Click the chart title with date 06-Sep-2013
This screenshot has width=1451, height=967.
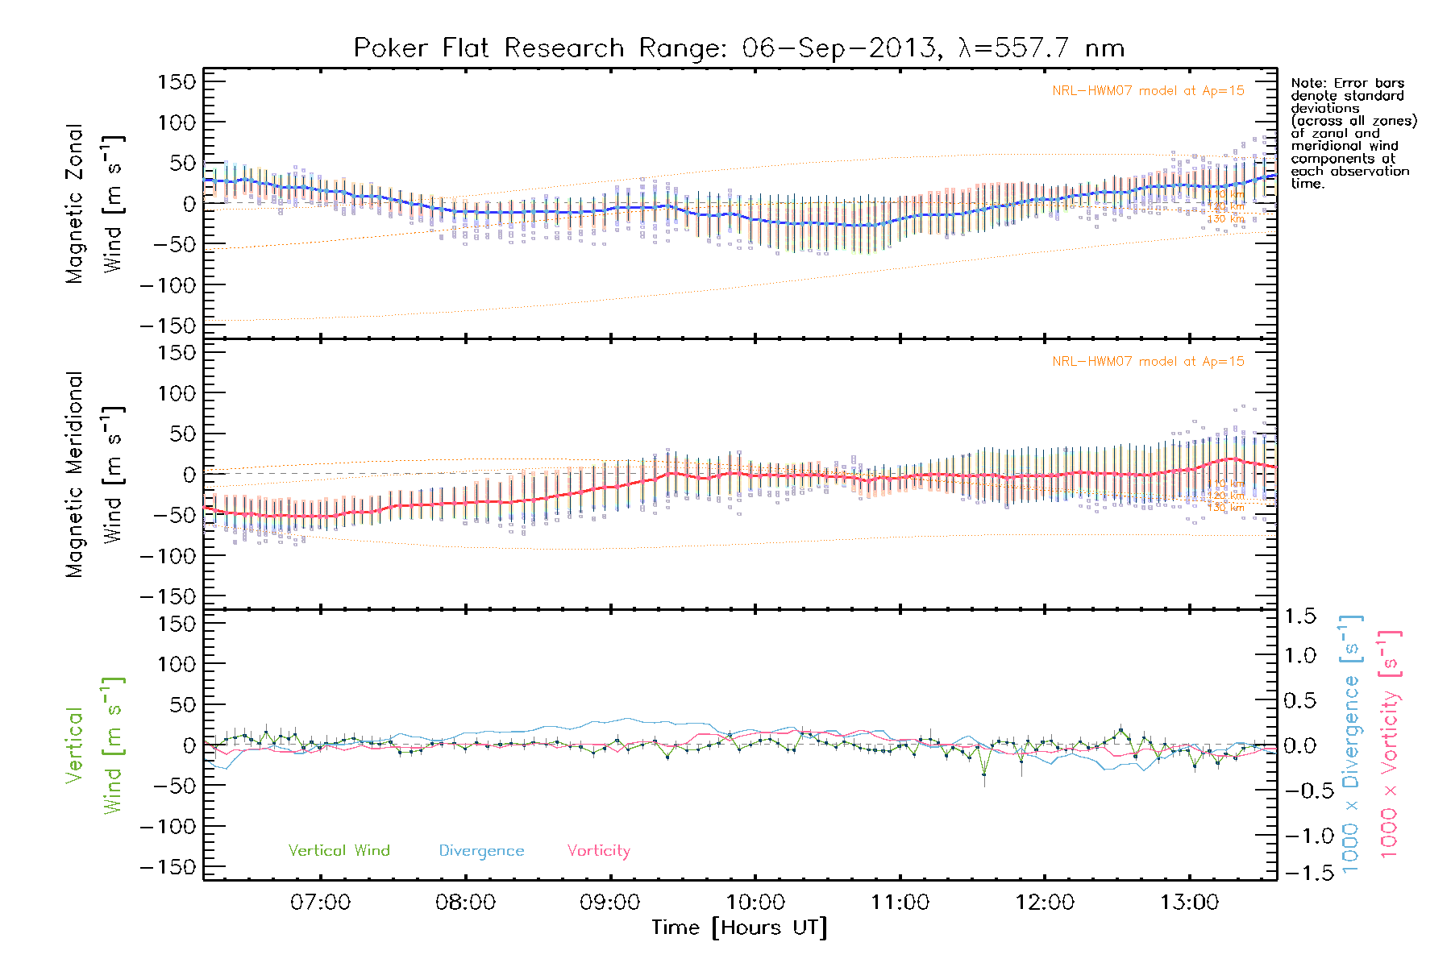click(x=738, y=48)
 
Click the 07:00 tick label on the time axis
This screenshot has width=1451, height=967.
click(x=320, y=902)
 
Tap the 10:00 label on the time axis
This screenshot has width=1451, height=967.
click(x=755, y=902)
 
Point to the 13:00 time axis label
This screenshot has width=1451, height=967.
click(x=1190, y=902)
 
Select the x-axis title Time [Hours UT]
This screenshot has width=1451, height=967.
click(x=739, y=928)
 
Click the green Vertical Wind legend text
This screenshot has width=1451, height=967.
click(x=339, y=850)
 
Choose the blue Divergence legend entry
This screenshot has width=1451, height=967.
click(x=481, y=850)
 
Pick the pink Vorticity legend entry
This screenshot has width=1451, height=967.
click(x=598, y=850)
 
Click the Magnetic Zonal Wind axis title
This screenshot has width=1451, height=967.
click(x=94, y=203)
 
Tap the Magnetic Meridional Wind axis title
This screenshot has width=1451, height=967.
click(x=94, y=474)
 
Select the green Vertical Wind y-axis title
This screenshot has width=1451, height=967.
click(x=94, y=745)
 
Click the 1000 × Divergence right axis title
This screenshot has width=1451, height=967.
click(x=1350, y=745)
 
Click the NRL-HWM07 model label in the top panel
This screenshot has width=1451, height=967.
click(x=1148, y=91)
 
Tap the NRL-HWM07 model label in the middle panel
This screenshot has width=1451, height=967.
click(x=1148, y=362)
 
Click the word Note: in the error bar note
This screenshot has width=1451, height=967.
click(x=1308, y=83)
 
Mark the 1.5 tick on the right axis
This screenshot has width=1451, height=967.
click(x=1300, y=616)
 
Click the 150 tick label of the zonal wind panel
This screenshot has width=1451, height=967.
click(x=177, y=82)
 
